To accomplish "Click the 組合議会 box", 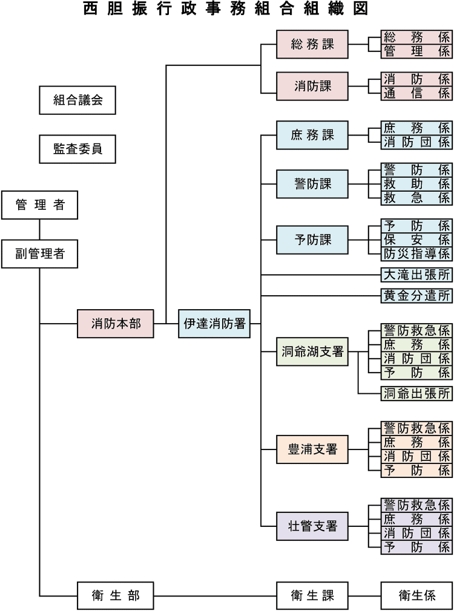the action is tap(77, 100).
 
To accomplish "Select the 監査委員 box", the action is tap(77, 149).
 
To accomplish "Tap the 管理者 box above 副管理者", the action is tap(39, 205).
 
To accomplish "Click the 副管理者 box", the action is tap(39, 253).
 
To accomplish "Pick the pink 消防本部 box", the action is tap(116, 324).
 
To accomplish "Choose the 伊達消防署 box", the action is tap(214, 324).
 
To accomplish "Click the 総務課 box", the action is tap(312, 44).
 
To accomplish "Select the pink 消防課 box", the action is tap(312, 86).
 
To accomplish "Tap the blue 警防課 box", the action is tap(312, 184).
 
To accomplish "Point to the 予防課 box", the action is tap(312, 240).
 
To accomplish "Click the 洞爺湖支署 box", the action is tap(312, 351).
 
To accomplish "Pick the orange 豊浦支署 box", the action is tap(312, 449).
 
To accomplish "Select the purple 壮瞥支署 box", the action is tap(312, 526).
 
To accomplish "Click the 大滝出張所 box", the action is tap(416, 275).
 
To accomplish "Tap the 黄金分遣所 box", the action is tap(416, 296).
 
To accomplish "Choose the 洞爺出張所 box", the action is tap(416, 394).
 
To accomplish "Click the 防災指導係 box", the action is tap(416, 253).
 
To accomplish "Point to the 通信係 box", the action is tap(416, 93).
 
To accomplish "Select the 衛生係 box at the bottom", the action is tap(416, 596).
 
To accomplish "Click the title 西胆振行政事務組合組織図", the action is tap(226, 8).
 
